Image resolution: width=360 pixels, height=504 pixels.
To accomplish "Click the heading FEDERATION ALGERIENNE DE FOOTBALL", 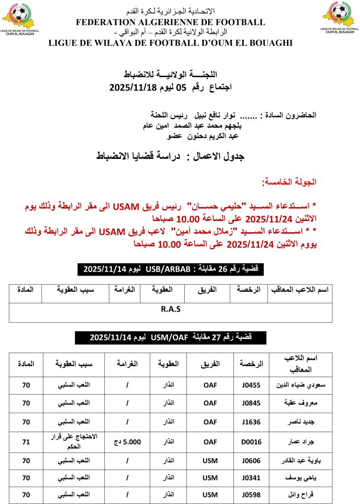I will tap(170, 22).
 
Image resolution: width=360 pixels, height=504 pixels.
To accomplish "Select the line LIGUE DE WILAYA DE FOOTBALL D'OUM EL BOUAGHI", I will tap(170, 43).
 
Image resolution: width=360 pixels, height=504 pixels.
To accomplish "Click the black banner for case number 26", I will tap(170, 269).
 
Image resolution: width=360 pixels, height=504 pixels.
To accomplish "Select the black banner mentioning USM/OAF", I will tap(170, 337).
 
